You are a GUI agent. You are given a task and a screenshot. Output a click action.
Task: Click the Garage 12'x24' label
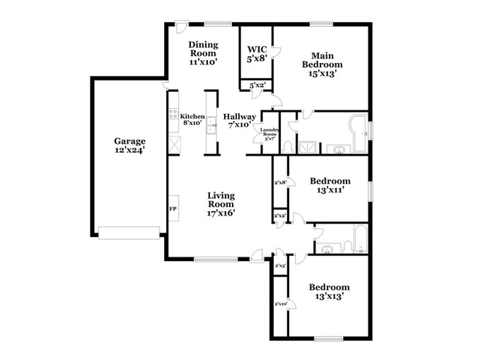130,145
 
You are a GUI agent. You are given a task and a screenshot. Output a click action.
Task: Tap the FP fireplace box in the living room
172,209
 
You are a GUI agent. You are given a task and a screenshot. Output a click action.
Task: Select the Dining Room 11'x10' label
203,53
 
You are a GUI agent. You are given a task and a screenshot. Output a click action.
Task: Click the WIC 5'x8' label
257,54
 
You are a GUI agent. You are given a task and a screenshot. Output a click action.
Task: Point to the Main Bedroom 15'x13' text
322,63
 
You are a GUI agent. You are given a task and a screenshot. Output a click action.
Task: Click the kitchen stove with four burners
173,115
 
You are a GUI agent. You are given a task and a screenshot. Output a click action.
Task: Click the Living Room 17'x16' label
221,203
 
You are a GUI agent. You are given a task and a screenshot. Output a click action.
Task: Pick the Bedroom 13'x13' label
330,292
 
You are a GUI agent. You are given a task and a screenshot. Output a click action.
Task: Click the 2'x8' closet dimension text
280,182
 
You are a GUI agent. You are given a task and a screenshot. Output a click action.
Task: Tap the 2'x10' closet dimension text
280,303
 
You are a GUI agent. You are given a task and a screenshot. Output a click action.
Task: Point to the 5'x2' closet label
256,86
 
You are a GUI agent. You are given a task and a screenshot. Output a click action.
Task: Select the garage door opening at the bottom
129,232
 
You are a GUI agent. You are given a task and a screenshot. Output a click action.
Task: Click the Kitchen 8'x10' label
192,120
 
